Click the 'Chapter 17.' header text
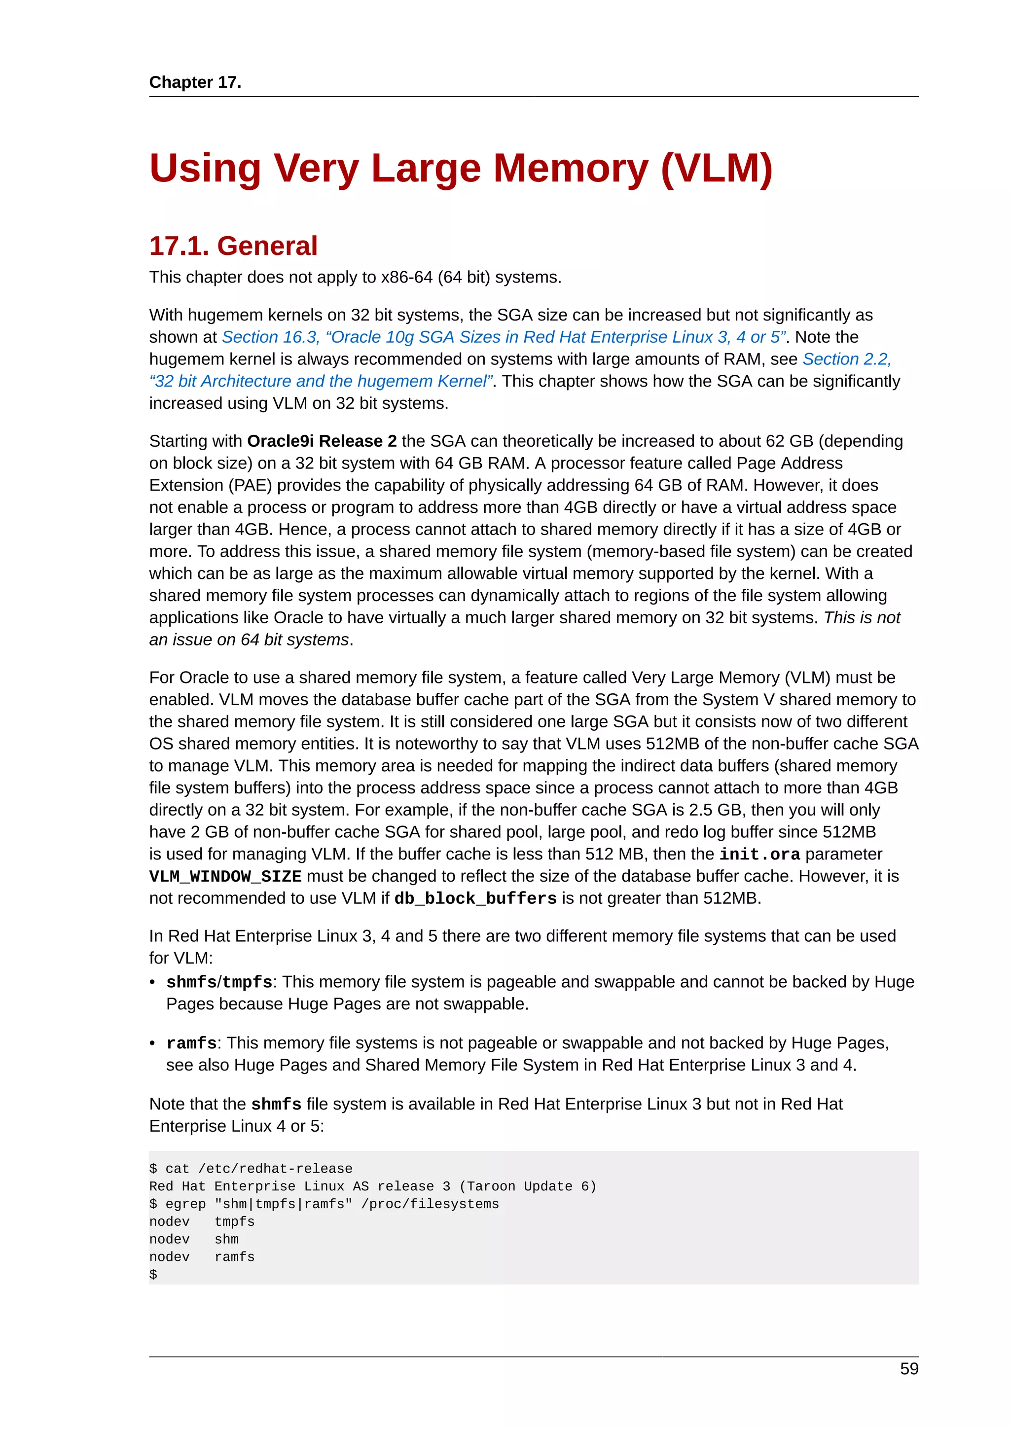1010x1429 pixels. pos(195,82)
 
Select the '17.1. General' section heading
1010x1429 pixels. pos(233,246)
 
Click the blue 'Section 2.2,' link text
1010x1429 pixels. pos(846,359)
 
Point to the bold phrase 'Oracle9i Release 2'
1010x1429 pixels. pos(321,441)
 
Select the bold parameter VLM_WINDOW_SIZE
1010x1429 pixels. pos(225,876)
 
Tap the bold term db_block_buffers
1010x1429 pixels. pos(475,899)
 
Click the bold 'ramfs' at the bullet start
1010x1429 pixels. pos(191,1043)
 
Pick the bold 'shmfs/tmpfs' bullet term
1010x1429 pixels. pos(219,982)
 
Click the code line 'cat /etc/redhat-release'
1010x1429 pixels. pos(258,1169)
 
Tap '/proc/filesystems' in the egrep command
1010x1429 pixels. pos(434,1204)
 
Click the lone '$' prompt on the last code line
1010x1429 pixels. pos(153,1274)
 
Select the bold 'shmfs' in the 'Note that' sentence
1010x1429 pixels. pos(276,1104)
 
